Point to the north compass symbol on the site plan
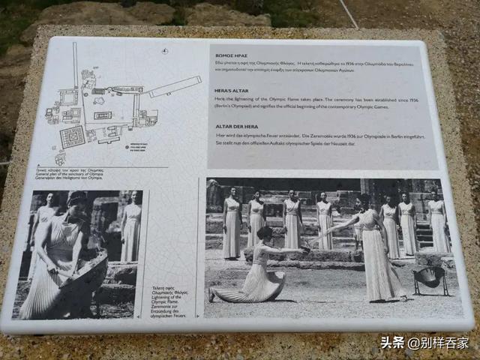point(164,51)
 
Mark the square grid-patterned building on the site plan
point(73,136)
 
